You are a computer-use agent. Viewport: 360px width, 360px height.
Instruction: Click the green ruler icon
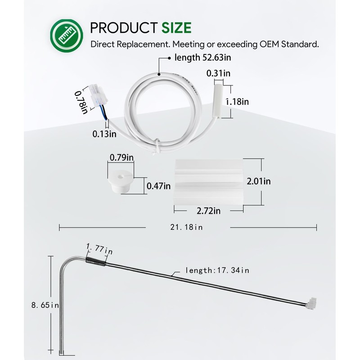tap(67, 36)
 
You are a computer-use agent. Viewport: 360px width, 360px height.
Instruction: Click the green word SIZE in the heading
tap(176, 28)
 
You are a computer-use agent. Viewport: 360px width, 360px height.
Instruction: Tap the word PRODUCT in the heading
tap(124, 28)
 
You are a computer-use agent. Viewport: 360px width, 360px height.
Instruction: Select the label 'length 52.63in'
tap(203, 58)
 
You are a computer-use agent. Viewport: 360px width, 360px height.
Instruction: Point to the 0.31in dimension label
tap(218, 73)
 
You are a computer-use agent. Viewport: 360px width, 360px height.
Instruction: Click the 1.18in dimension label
tap(238, 102)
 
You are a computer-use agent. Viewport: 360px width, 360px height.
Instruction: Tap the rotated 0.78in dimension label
tap(81, 103)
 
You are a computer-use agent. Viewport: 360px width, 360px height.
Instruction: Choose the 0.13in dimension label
tap(104, 134)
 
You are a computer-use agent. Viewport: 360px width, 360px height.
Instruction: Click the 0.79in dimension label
tap(121, 157)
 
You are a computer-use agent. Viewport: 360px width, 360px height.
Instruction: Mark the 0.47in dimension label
tap(159, 186)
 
